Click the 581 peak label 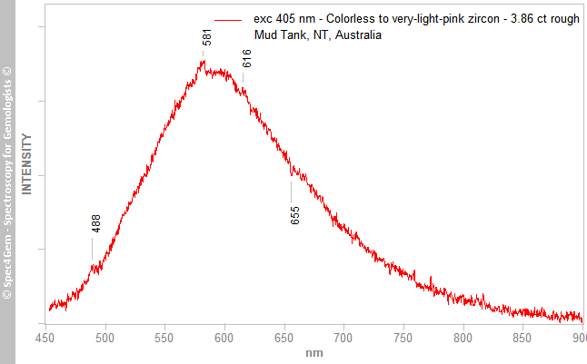coord(208,37)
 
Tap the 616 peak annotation coord(246,58)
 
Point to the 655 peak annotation coord(295,215)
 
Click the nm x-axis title coord(314,352)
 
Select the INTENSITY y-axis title coord(27,164)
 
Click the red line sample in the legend coord(227,19)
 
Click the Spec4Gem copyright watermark coord(8,182)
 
